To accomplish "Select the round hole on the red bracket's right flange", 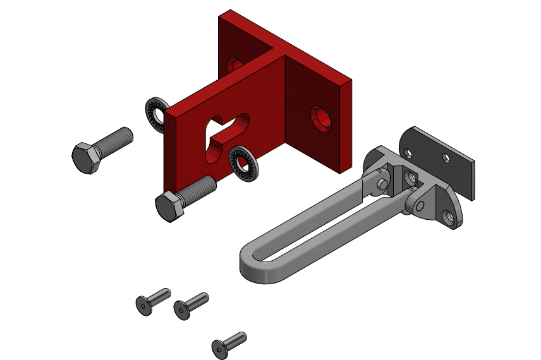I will click(322, 118).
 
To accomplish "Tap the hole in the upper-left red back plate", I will click(235, 64).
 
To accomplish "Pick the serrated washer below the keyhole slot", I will click(243, 163).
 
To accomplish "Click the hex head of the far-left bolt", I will click(85, 158).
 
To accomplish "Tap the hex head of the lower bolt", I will click(169, 206).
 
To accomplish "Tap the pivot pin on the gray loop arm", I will click(382, 183).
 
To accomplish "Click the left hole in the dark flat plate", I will click(408, 153).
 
